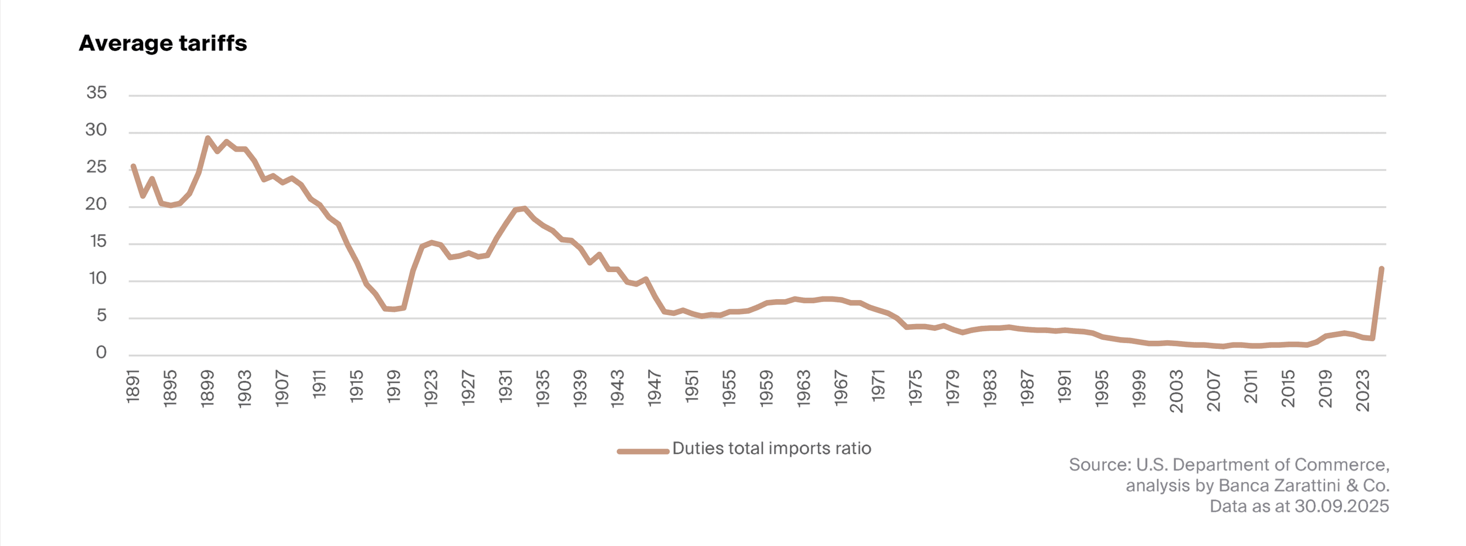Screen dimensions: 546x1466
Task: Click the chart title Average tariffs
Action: pyautogui.click(x=163, y=43)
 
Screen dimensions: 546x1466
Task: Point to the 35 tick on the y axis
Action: pyautogui.click(x=97, y=92)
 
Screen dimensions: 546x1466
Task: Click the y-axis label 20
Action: pyautogui.click(x=97, y=204)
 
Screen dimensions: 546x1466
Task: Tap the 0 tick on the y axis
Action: pyautogui.click(x=101, y=352)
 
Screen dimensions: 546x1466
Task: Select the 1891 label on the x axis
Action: pyautogui.click(x=133, y=387)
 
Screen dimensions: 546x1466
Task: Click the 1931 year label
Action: pyautogui.click(x=506, y=387)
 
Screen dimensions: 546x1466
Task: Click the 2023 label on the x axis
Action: pyautogui.click(x=1363, y=390)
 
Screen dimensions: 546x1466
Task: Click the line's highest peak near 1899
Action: pyautogui.click(x=208, y=138)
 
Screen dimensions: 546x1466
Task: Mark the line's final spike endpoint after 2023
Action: pyautogui.click(x=1381, y=269)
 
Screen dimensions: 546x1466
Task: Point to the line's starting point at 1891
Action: pyautogui.click(x=133, y=166)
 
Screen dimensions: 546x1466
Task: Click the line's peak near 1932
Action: pyautogui.click(x=524, y=209)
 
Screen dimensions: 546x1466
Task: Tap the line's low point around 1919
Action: pyautogui.click(x=394, y=309)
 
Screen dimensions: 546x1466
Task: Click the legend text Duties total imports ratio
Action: pyautogui.click(x=772, y=449)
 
